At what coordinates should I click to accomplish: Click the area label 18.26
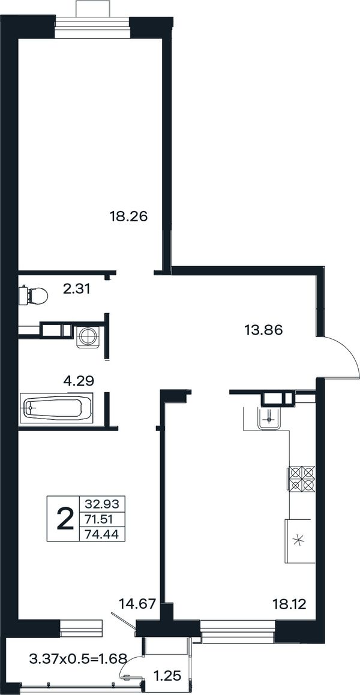[128, 216]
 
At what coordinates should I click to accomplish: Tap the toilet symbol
[34, 295]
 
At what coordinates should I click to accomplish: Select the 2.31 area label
[77, 290]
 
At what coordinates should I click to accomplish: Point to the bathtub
[56, 407]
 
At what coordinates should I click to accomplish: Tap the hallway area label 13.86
[263, 330]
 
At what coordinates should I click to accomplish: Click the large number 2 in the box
[65, 519]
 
